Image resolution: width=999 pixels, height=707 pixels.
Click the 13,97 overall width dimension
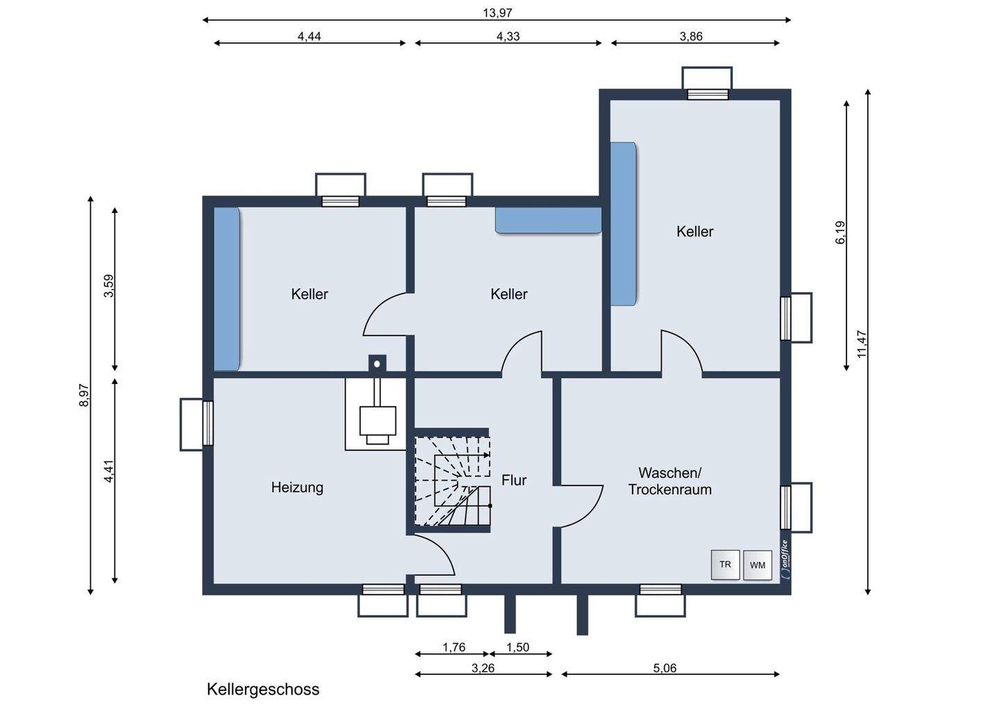pyautogui.click(x=497, y=13)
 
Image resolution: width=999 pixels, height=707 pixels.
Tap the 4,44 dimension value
pyautogui.click(x=309, y=36)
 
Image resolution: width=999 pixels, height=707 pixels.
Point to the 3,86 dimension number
pyautogui.click(x=691, y=36)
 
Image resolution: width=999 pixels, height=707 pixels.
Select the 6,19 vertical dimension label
pyautogui.click(x=840, y=233)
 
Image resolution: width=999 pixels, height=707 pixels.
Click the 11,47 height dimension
pyautogui.click(x=862, y=344)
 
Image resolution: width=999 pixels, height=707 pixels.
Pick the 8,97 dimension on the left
pyautogui.click(x=84, y=395)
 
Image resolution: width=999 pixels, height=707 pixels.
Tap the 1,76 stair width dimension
pyautogui.click(x=454, y=647)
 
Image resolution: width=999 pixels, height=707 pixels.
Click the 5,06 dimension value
pyautogui.click(x=665, y=667)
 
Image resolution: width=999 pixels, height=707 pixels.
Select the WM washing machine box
pyautogui.click(x=758, y=565)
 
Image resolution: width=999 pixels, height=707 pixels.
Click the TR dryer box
pyautogui.click(x=725, y=565)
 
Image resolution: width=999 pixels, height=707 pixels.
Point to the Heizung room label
pyautogui.click(x=297, y=487)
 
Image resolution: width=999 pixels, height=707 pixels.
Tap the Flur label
pyautogui.click(x=514, y=480)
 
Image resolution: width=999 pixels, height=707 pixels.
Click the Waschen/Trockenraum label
pyautogui.click(x=670, y=481)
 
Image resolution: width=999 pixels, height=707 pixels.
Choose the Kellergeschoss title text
pyautogui.click(x=263, y=689)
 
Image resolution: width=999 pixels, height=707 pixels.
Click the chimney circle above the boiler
pyautogui.click(x=377, y=364)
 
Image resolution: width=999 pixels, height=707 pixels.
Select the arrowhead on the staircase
pyautogui.click(x=486, y=456)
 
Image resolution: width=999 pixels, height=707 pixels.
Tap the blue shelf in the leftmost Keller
pyautogui.click(x=227, y=289)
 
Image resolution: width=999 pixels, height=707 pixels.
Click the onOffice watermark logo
pyautogui.click(x=785, y=560)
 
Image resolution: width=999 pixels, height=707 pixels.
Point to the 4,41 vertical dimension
pyautogui.click(x=109, y=471)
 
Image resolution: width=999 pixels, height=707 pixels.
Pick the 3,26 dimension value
pyautogui.click(x=483, y=667)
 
